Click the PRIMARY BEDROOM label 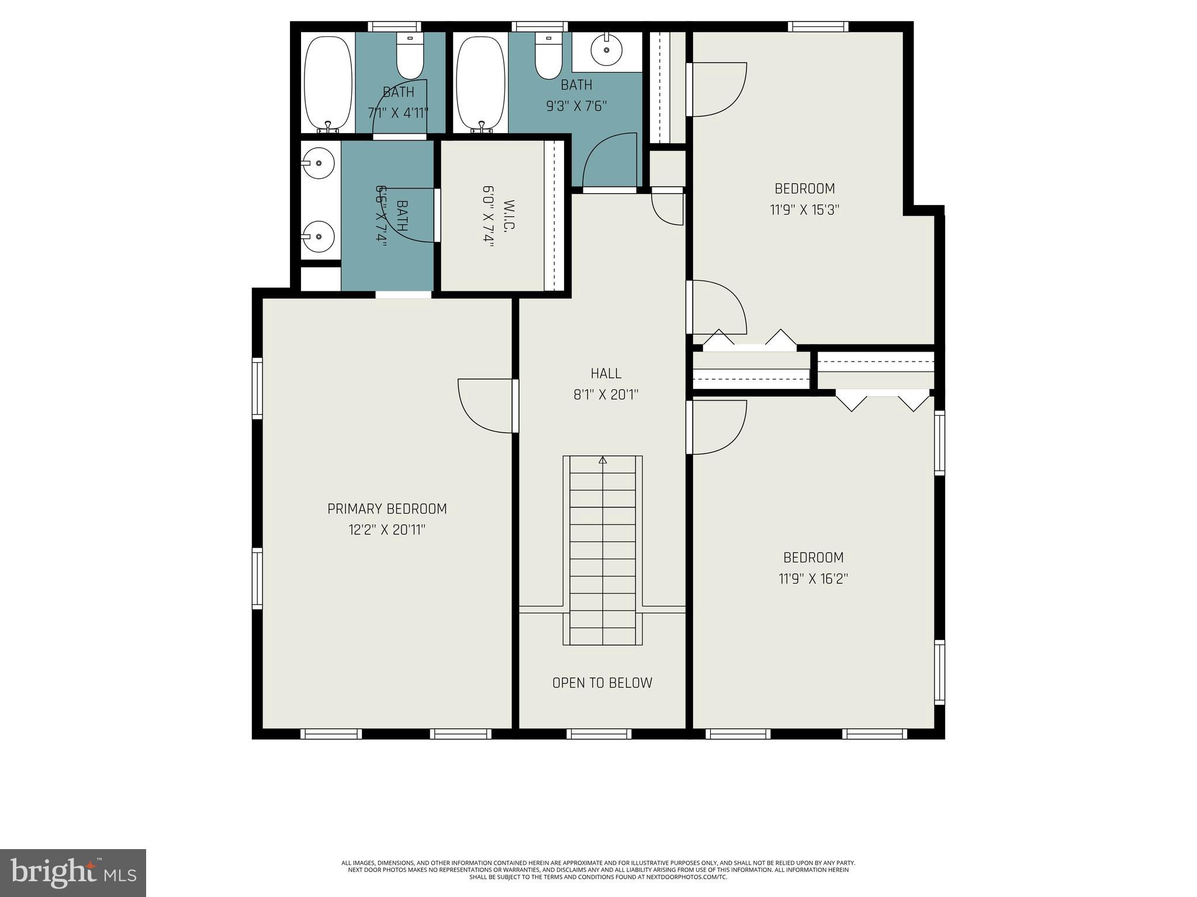point(387,509)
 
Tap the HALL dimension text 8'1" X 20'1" point(606,395)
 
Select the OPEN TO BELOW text point(602,683)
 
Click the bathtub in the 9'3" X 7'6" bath point(480,83)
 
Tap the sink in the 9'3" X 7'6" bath point(606,50)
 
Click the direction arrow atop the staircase point(603,460)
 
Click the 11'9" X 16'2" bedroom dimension point(813,579)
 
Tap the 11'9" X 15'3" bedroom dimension point(804,210)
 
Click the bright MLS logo point(73,872)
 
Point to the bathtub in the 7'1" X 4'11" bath point(328,83)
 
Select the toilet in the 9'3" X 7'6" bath point(548,57)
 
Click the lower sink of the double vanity point(319,237)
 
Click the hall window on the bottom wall point(599,733)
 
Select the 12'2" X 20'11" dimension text point(387,530)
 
